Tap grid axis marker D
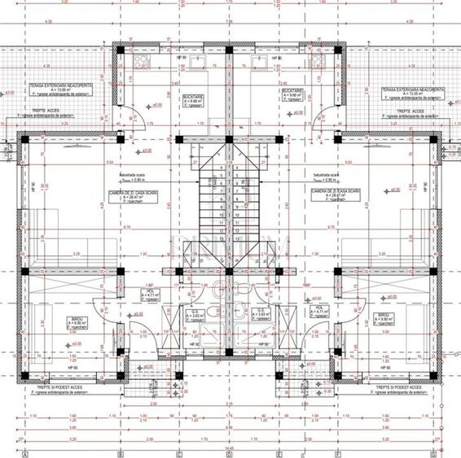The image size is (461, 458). [230, 453]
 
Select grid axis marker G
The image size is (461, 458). [437, 453]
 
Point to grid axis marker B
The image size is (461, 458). [121, 453]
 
